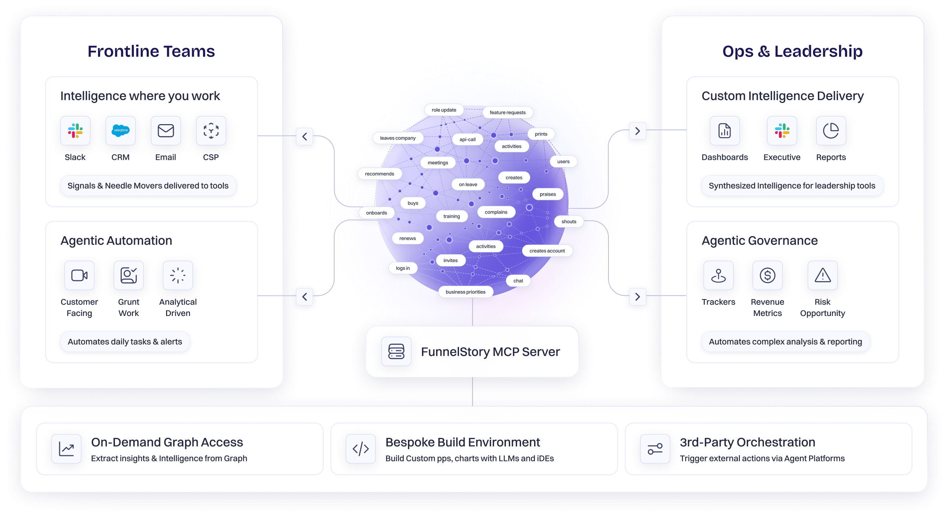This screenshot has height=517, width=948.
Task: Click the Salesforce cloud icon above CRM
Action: tap(120, 130)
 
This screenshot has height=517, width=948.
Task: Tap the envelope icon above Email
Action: tap(166, 130)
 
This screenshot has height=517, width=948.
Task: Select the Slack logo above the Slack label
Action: tap(75, 130)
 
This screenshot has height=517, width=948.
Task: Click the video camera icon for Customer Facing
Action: tap(79, 275)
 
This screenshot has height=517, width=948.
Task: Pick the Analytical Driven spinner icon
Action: tap(178, 275)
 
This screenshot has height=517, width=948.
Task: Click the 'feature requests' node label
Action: tap(507, 112)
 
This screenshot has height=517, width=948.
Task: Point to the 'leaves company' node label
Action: tap(398, 138)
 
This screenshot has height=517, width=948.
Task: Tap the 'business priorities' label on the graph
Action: tap(465, 292)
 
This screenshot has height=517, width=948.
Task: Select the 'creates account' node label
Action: tap(547, 250)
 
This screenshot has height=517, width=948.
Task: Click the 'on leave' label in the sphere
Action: tap(468, 184)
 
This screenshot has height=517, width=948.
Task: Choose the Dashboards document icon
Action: tap(724, 130)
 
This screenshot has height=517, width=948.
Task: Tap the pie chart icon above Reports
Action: tap(831, 130)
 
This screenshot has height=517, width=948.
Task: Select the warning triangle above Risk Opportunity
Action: tap(822, 275)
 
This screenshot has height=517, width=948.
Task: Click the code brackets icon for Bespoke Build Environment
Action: tap(360, 448)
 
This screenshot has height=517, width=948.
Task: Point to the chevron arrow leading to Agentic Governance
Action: tap(637, 297)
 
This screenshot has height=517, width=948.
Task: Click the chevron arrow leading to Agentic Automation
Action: tap(304, 297)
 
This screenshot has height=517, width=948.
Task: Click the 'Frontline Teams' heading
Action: tap(151, 51)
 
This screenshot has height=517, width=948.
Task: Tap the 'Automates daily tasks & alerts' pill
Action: tap(125, 341)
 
